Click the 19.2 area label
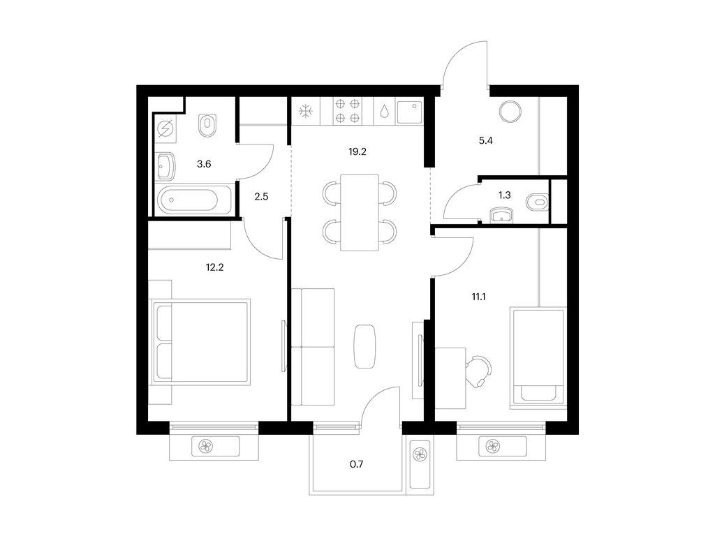coord(357,151)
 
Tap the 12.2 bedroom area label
coord(215,267)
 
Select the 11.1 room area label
coord(478,297)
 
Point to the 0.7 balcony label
coord(357,464)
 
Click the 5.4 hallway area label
coord(486,140)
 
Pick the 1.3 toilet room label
coord(504,195)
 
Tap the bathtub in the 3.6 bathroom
coord(194,200)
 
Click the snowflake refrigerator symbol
coord(306,111)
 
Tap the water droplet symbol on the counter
coord(385,112)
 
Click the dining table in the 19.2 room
coord(360,212)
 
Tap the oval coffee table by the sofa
coord(364,346)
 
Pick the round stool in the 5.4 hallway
coord(510,111)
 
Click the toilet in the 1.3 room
coord(537,202)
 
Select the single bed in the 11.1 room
coord(538,357)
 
